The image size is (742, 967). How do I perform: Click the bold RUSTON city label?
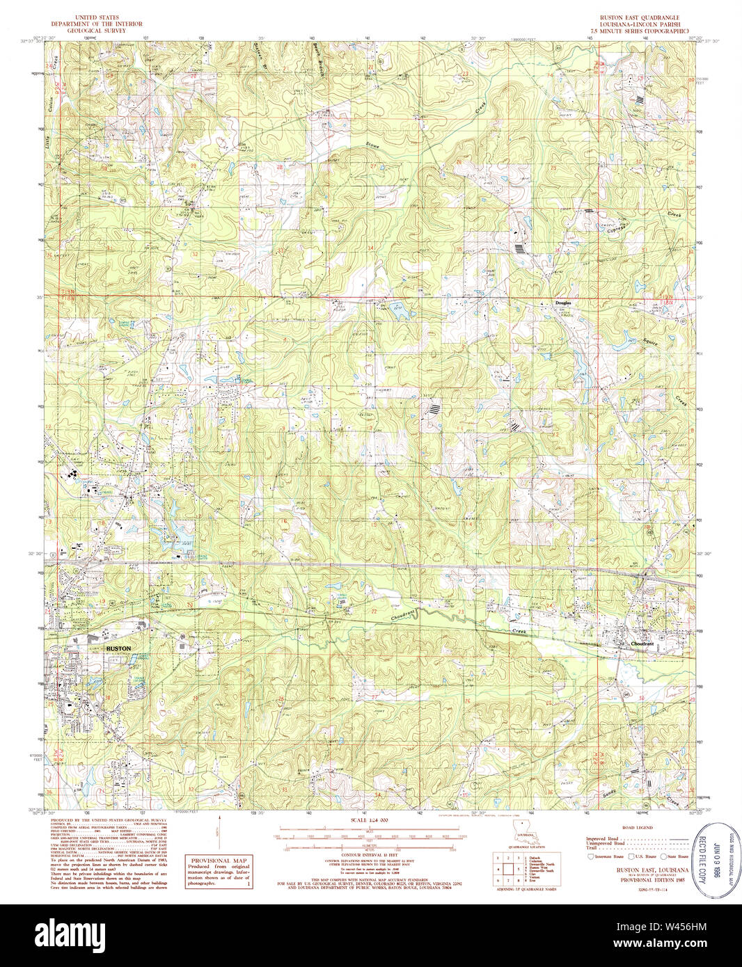pos(118,648)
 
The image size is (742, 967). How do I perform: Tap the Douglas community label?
pos(563,303)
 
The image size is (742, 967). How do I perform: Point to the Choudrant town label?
pos(642,644)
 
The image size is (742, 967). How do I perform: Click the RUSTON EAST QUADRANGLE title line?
pos(640,16)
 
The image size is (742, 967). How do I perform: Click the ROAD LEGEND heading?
pos(638,828)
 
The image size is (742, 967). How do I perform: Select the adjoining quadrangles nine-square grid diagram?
pos(507,869)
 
